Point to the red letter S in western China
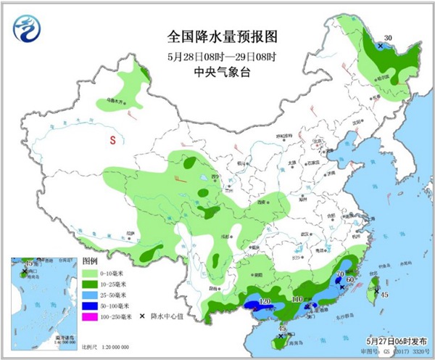tap(112, 140)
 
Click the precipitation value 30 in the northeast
tap(388, 38)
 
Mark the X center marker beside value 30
tap(378, 46)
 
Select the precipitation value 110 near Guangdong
tap(296, 299)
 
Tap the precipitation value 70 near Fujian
tap(339, 274)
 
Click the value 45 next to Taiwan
tap(386, 294)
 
